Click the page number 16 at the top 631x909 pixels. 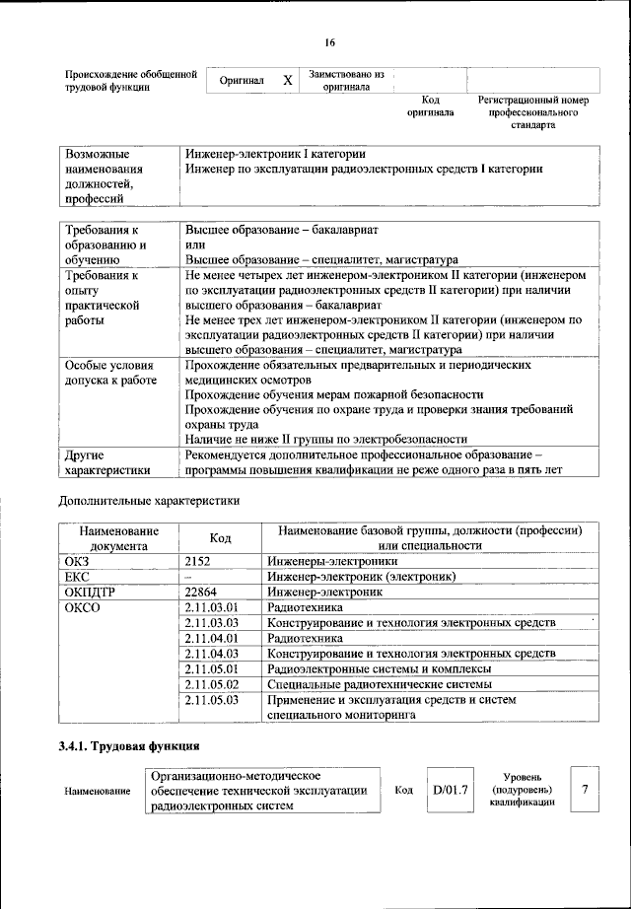pyautogui.click(x=329, y=42)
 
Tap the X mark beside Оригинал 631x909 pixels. pyautogui.click(x=287, y=81)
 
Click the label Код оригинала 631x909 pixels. pyautogui.click(x=430, y=106)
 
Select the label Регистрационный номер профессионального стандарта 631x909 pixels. pyautogui.click(x=532, y=112)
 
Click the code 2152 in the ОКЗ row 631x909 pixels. pyautogui.click(x=199, y=560)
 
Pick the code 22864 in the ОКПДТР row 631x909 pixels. pyautogui.click(x=203, y=592)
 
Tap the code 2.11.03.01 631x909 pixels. pyautogui.click(x=213, y=607)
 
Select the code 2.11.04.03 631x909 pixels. pyautogui.click(x=213, y=653)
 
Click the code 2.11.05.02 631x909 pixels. pyautogui.click(x=213, y=683)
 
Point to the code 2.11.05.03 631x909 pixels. pyautogui.click(x=213, y=699)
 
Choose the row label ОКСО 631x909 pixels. pyautogui.click(x=83, y=607)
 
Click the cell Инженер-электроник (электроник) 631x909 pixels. pyautogui.click(x=361, y=576)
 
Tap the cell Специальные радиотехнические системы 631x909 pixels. pyautogui.click(x=379, y=683)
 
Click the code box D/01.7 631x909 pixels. pyautogui.click(x=450, y=791)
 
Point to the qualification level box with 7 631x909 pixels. pyautogui.click(x=585, y=791)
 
